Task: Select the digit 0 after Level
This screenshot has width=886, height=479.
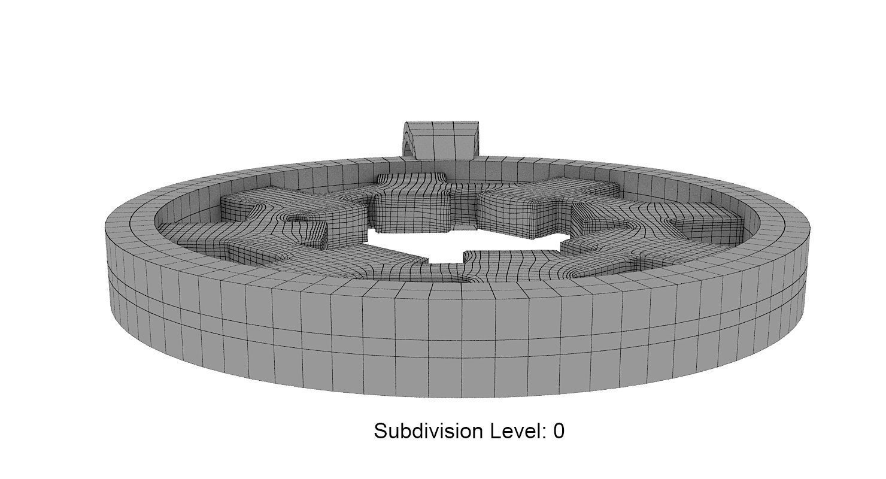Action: click(559, 431)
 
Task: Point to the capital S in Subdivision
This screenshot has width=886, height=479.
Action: click(381, 431)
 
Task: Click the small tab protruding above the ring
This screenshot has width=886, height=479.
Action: click(441, 140)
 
